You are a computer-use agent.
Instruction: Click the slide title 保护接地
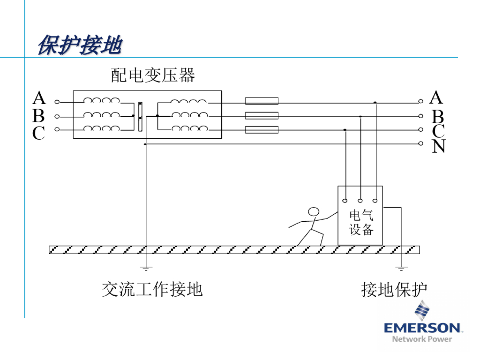pos(80,46)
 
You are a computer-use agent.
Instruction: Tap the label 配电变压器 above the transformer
pos(153,75)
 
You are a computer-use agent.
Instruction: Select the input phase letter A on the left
pos(39,98)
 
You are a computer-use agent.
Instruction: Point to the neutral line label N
pos(438,147)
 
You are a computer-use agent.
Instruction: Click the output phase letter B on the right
pos(438,116)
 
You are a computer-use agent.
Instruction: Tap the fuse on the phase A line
pos(262,101)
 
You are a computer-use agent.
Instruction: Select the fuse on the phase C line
pos(262,130)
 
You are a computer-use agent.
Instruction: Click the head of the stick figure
pos(313,212)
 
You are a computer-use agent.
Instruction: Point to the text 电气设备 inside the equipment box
pos(361,222)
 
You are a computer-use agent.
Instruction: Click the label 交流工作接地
pos(152,289)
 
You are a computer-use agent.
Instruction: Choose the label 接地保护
pos(394,289)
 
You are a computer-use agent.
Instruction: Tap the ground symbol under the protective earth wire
pos(401,269)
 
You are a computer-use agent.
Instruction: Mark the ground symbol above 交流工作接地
pos(147,269)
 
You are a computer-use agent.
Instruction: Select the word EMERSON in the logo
pos(422,327)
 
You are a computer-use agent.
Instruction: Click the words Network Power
pos(422,339)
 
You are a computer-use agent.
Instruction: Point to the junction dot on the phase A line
pos(375,102)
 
